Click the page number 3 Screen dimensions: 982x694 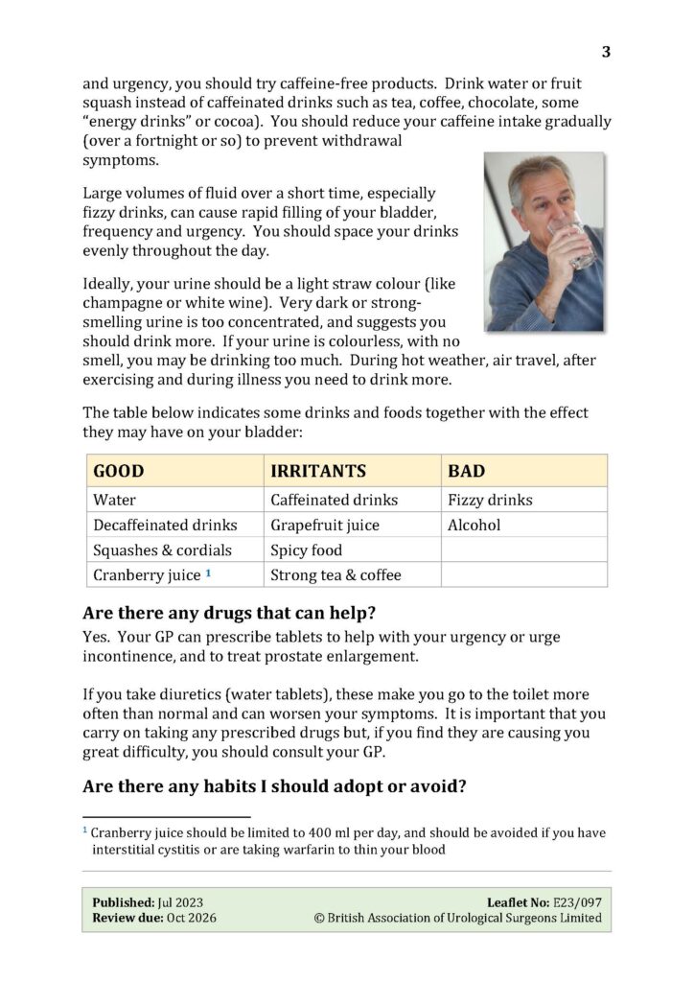606,52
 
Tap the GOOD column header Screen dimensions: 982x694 119,471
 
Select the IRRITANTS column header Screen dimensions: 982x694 318,471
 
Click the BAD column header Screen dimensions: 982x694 466,471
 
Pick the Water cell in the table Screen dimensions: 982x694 114,500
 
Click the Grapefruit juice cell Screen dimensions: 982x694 325,525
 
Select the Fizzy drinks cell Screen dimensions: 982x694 490,500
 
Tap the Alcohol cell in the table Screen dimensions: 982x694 474,525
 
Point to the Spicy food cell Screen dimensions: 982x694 306,550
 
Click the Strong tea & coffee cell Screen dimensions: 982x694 335,575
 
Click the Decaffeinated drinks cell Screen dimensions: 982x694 165,525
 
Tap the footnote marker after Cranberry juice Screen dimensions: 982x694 208,573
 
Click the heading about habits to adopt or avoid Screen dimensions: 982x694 274,786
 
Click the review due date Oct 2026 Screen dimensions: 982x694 190,918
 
